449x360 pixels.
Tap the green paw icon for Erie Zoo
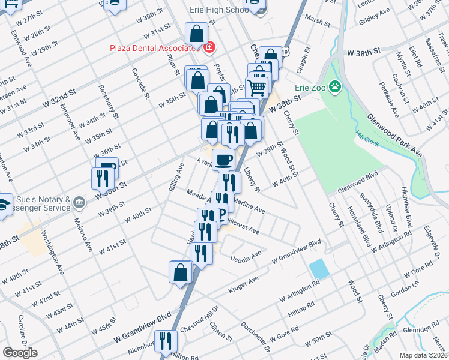(x=334, y=88)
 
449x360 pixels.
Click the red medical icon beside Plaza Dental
(x=209, y=47)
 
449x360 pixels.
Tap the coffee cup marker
(x=224, y=159)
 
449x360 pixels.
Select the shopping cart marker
(x=256, y=88)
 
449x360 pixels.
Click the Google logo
(x=20, y=353)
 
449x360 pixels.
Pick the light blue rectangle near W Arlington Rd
(x=319, y=268)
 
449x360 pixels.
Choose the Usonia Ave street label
(x=246, y=257)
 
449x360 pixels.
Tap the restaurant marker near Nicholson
(x=166, y=341)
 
